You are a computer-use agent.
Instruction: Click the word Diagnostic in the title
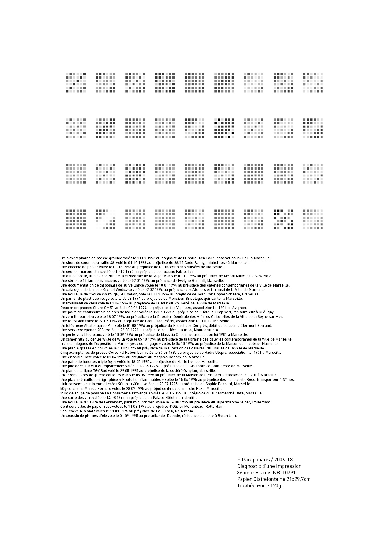(x=248, y=466)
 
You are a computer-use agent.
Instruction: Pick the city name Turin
(x=193, y=271)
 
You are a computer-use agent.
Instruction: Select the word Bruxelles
(x=251, y=294)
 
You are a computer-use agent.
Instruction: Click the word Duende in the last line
(x=174, y=416)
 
